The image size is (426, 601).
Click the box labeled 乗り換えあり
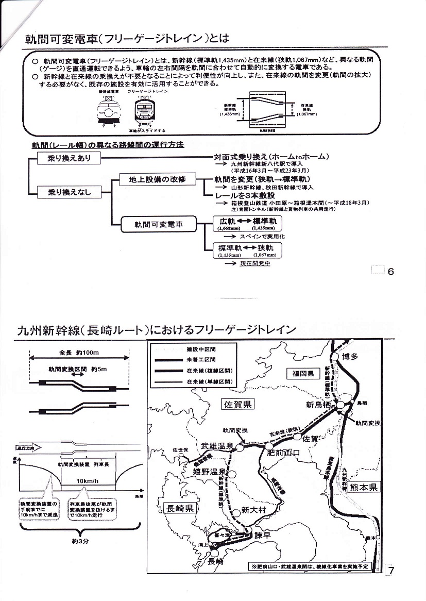[x=69, y=159]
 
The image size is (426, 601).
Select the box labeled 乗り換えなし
[x=69, y=192]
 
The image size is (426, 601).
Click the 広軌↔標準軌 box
[x=247, y=223]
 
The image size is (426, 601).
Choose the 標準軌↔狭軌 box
[x=247, y=251]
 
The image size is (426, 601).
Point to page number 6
[x=390, y=271]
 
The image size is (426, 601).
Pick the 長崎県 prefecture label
[x=180, y=508]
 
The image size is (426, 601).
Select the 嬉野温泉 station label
[x=209, y=472]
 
